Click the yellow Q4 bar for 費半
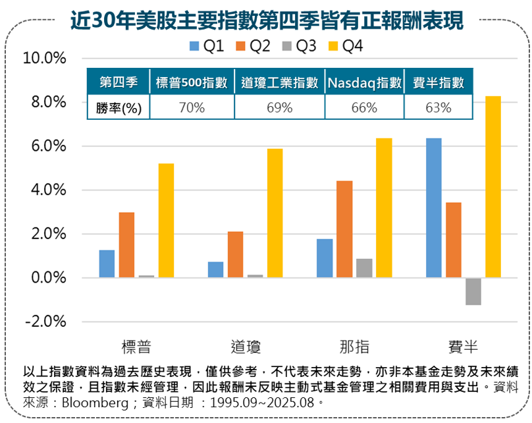coord(493,187)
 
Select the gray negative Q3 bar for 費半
coord(473,291)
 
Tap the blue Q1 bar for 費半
coord(433,208)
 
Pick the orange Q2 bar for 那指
coord(344,229)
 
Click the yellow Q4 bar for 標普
coord(166,221)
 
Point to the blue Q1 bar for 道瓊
coord(215,270)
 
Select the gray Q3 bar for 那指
coord(364,268)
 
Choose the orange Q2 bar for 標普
coord(126,245)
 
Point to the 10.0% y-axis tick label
coord(45,59)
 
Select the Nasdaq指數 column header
coord(364,83)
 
